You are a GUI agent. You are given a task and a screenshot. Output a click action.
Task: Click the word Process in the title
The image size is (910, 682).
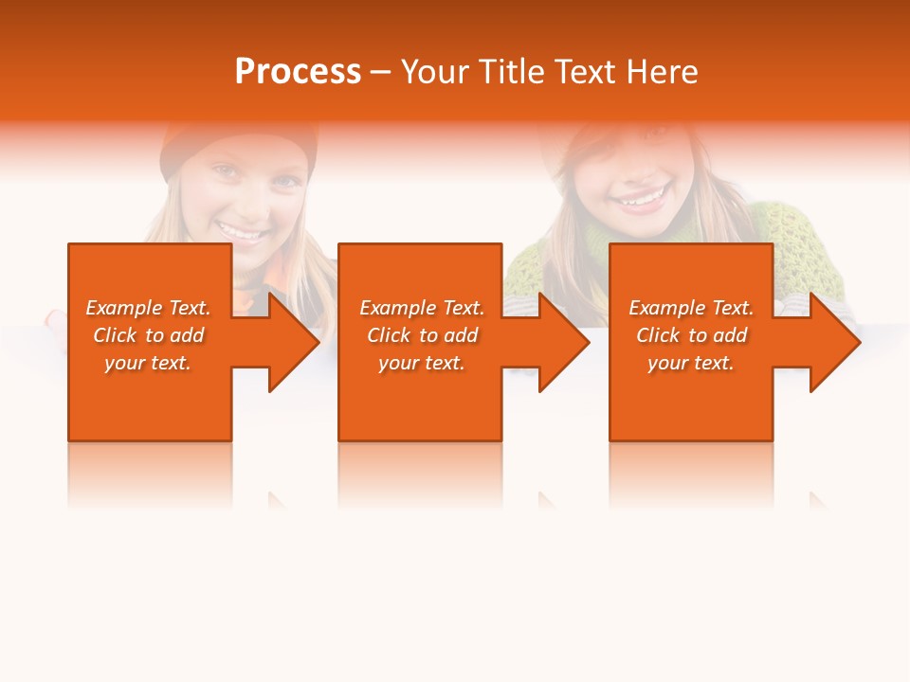click(298, 72)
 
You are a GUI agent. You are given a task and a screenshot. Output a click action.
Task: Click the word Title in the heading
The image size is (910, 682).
click(509, 72)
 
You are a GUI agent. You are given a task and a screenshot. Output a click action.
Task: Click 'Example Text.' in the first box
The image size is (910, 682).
click(148, 308)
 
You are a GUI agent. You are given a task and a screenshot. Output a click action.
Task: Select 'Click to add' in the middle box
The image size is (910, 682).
click(422, 335)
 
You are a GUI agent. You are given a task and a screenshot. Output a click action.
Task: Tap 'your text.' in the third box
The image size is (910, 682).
click(691, 363)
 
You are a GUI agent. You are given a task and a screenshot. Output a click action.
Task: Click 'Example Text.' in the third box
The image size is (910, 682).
click(691, 308)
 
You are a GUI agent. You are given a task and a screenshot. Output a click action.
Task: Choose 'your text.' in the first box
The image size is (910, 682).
click(148, 363)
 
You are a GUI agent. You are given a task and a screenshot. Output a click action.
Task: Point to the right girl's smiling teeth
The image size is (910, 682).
click(640, 200)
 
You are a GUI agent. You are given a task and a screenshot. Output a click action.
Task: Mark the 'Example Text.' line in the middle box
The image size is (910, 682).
click(422, 308)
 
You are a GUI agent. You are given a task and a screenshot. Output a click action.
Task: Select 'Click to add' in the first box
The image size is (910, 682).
click(148, 335)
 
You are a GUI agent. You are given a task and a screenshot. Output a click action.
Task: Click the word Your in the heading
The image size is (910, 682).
click(437, 72)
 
